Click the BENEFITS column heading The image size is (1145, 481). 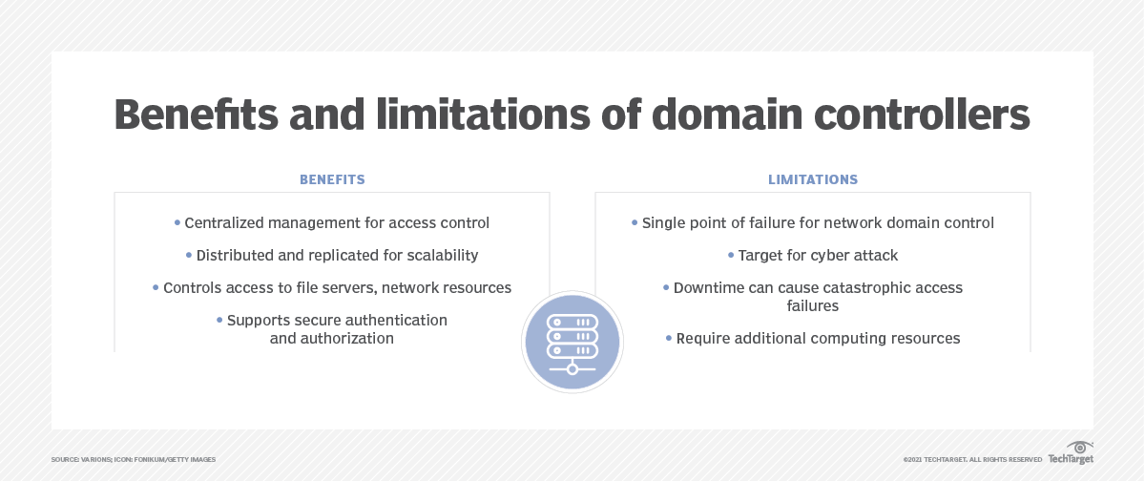tap(332, 179)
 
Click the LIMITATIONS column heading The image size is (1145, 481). tap(813, 179)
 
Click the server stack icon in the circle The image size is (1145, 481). tap(572, 341)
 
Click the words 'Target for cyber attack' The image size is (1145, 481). tap(818, 256)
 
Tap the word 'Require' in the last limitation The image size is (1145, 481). tap(702, 339)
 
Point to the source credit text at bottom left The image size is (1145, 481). tap(134, 460)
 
